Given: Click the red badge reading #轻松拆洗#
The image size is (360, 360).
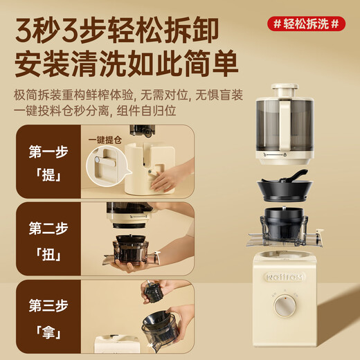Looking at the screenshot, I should pyautogui.click(x=307, y=24).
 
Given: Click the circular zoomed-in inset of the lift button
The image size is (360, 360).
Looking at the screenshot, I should pyautogui.click(x=105, y=167).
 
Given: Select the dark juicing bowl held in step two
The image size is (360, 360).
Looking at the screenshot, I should pyautogui.click(x=129, y=249).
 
